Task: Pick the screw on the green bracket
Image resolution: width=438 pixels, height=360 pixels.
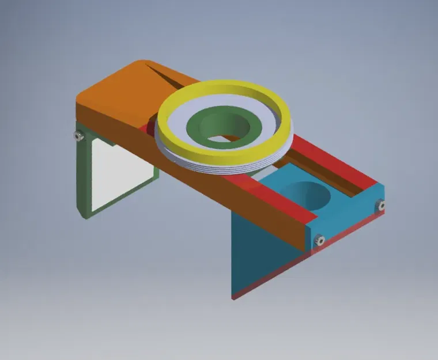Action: pos(77,135)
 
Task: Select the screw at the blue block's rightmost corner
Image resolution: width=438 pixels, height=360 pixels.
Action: pos(381,204)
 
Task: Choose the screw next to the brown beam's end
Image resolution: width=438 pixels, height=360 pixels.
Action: pos(320,239)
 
